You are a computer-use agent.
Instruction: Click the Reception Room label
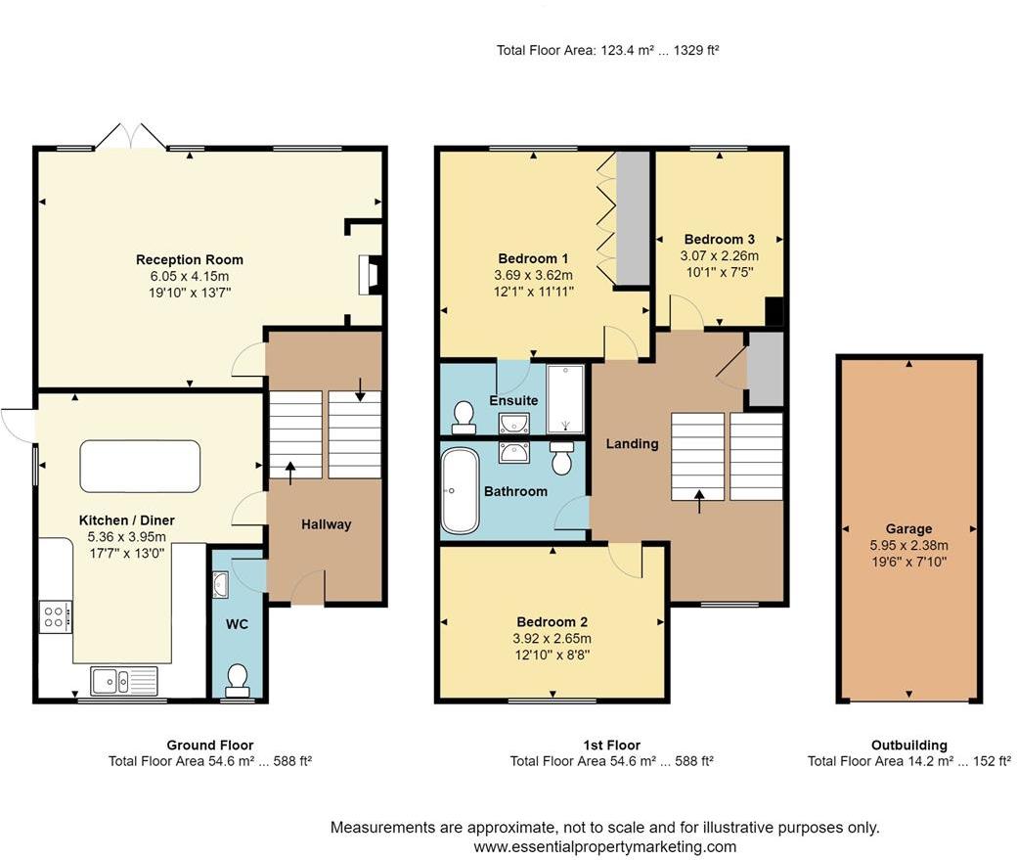pyautogui.click(x=190, y=259)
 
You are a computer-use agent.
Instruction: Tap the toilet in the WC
pyautogui.click(x=238, y=679)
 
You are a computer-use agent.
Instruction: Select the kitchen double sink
pyautogui.click(x=124, y=681)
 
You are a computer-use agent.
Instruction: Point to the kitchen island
pyautogui.click(x=140, y=466)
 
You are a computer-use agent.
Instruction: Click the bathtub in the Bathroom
pyautogui.click(x=460, y=491)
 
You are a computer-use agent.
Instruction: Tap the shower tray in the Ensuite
pyautogui.click(x=565, y=398)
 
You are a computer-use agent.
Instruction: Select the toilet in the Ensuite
pyautogui.click(x=464, y=418)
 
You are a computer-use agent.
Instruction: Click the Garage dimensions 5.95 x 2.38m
pyautogui.click(x=908, y=545)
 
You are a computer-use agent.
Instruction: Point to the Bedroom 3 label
pyautogui.click(x=720, y=239)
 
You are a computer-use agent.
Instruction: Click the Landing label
pyautogui.click(x=633, y=444)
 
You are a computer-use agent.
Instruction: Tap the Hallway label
pyautogui.click(x=327, y=524)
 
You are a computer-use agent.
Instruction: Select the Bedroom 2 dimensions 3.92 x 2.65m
pyautogui.click(x=552, y=639)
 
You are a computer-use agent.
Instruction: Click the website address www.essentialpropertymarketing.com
pyautogui.click(x=605, y=846)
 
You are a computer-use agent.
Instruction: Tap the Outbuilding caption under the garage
pyautogui.click(x=908, y=746)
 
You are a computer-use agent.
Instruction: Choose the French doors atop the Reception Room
pyautogui.click(x=132, y=136)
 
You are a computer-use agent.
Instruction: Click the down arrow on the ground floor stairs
pyautogui.click(x=360, y=388)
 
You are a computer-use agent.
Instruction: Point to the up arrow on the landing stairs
pyautogui.click(x=699, y=501)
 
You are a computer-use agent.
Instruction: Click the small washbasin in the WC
pyautogui.click(x=221, y=583)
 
